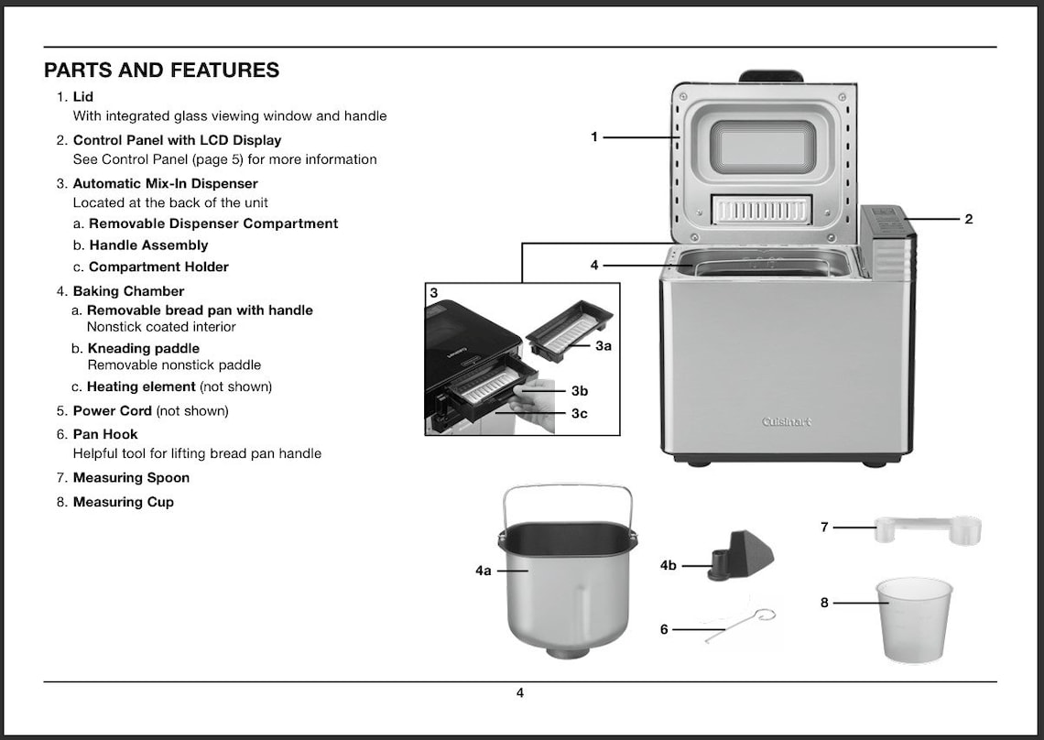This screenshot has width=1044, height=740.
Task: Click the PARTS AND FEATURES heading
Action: pos(161,71)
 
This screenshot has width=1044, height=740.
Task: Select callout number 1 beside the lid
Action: pos(594,137)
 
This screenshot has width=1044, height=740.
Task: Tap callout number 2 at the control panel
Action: pos(969,219)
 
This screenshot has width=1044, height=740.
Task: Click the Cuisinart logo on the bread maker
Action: pos(787,422)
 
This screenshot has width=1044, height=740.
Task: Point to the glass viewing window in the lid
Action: pos(763,147)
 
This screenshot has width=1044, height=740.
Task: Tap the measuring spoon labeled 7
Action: pos(927,528)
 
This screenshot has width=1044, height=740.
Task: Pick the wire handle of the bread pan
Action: pos(568,489)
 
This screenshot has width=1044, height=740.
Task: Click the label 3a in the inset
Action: pos(603,346)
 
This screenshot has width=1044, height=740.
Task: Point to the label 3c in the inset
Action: pos(579,414)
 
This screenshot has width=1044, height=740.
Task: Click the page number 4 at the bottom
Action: pos(520,693)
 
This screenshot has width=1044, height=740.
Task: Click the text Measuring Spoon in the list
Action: pos(131,477)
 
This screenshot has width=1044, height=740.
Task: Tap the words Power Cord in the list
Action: pos(112,410)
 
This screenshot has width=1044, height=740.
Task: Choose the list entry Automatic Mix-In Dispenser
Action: pos(165,183)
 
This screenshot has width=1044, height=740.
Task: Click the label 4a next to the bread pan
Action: pos(484,571)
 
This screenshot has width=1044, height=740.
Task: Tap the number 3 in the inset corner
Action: pos(434,293)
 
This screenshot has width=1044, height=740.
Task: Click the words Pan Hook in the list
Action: pos(104,434)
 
